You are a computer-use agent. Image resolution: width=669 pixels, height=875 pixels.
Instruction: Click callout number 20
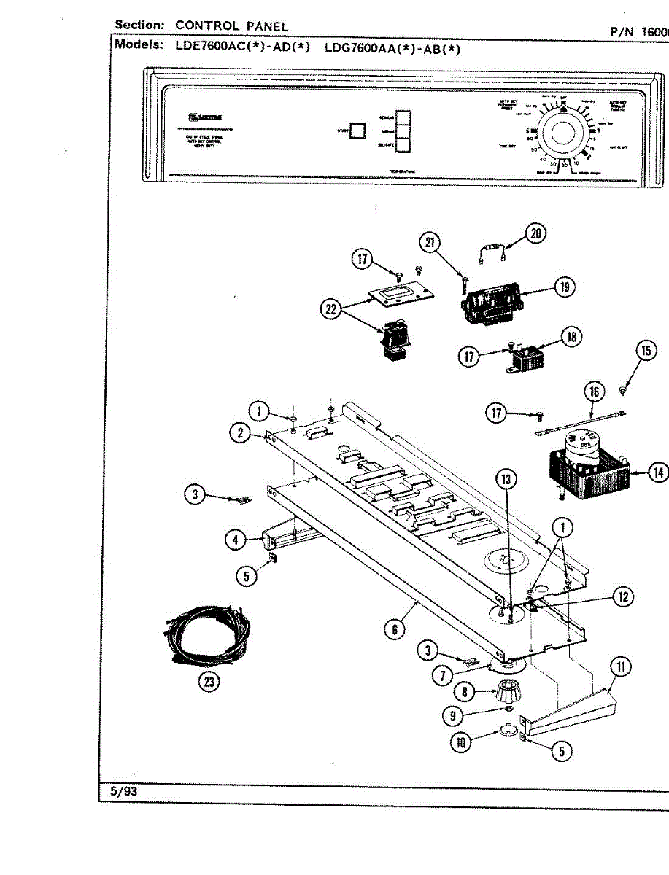point(536,233)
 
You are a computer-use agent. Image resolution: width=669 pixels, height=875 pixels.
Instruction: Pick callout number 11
point(622,667)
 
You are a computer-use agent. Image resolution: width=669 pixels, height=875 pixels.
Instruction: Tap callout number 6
point(394,629)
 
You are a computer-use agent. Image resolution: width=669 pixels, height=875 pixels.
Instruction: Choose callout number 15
point(645,351)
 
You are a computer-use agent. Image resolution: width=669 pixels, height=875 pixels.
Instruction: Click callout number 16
point(595,392)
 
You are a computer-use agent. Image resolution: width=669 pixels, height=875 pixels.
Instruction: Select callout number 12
point(622,596)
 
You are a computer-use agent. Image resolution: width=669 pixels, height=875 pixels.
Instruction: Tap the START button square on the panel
point(357,131)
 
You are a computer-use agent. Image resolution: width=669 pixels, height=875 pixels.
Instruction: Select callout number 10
point(462,744)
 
